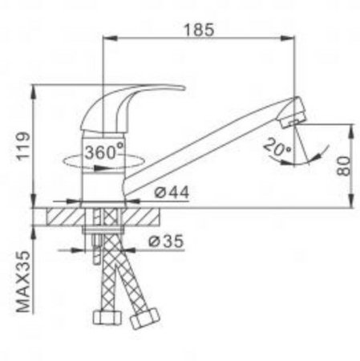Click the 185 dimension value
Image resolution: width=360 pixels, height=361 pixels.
tap(199, 30)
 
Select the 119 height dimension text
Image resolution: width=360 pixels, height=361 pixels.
tap(24, 146)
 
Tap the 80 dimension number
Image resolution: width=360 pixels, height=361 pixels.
tap(343, 166)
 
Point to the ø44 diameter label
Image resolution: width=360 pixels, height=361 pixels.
tap(172, 192)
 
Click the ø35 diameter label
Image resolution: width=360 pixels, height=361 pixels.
tap(166, 241)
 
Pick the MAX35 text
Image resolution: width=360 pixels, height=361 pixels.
tap(23, 281)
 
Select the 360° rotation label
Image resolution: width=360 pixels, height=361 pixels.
tap(104, 152)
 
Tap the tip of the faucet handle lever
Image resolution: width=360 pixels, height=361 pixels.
tap(184, 87)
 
